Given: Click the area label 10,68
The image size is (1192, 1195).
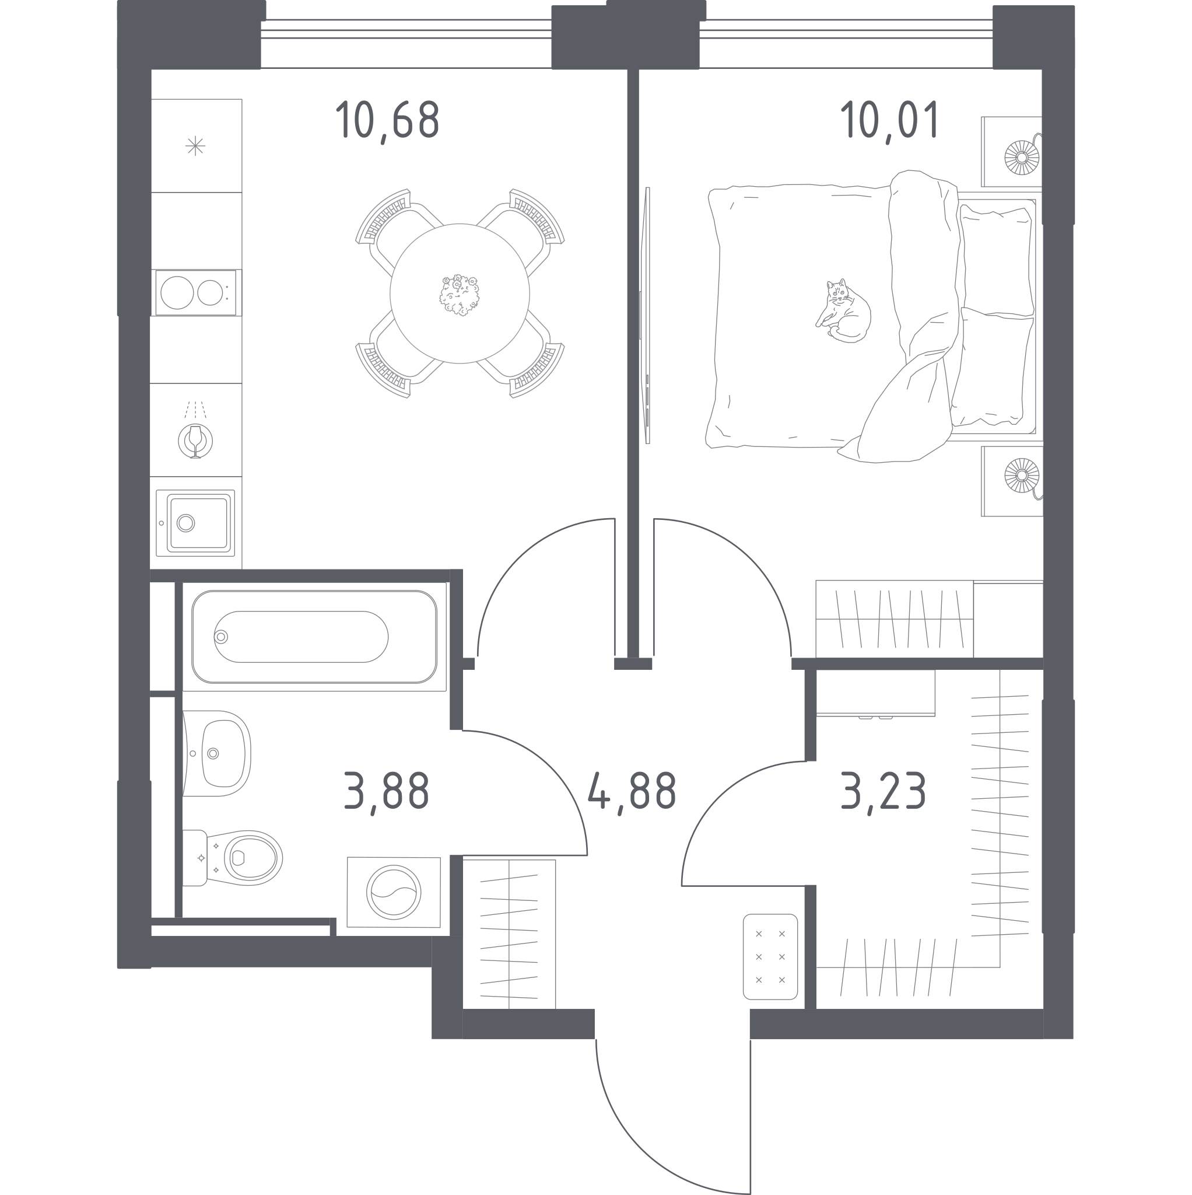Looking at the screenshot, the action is pyautogui.click(x=387, y=121).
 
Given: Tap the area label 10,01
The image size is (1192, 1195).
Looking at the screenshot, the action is pyautogui.click(x=890, y=121).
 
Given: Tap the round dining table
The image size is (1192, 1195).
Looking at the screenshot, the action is pyautogui.click(x=460, y=293).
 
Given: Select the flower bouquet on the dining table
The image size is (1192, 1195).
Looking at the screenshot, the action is pyautogui.click(x=460, y=295).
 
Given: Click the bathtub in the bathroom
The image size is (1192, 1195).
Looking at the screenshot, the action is pyautogui.click(x=314, y=637).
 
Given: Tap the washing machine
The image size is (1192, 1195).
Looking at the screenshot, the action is pyautogui.click(x=394, y=892).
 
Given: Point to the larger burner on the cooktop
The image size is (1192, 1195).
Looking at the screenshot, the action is pyautogui.click(x=177, y=292).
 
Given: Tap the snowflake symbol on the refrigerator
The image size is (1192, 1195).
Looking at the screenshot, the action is pyautogui.click(x=195, y=146).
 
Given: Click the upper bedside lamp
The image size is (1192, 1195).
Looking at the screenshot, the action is pyautogui.click(x=1021, y=158).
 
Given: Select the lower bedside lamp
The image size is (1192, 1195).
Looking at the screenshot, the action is pyautogui.click(x=1021, y=476).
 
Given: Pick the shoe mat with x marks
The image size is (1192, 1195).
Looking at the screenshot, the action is pyautogui.click(x=770, y=957).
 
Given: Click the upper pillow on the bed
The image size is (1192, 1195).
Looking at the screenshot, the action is pyautogui.click(x=997, y=260).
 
